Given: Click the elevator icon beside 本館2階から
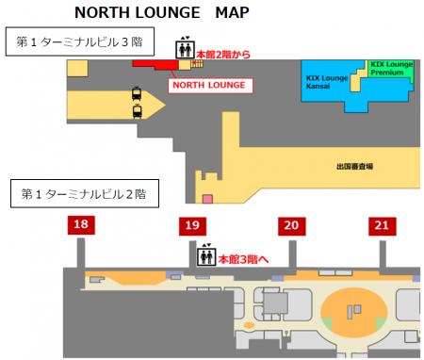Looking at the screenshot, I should [x=184, y=49].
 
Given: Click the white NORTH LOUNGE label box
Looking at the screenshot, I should [x=212, y=85].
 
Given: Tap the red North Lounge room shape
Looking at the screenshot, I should [x=155, y=64].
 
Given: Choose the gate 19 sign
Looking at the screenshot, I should [x=192, y=224].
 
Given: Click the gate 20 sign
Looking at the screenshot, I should [x=291, y=224].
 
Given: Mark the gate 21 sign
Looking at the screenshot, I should [x=381, y=224].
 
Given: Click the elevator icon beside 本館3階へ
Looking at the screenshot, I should [x=205, y=254].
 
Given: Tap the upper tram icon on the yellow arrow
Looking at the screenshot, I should [x=138, y=93].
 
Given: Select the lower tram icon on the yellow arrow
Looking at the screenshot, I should [x=138, y=111].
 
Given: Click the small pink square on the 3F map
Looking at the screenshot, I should [x=207, y=198].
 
